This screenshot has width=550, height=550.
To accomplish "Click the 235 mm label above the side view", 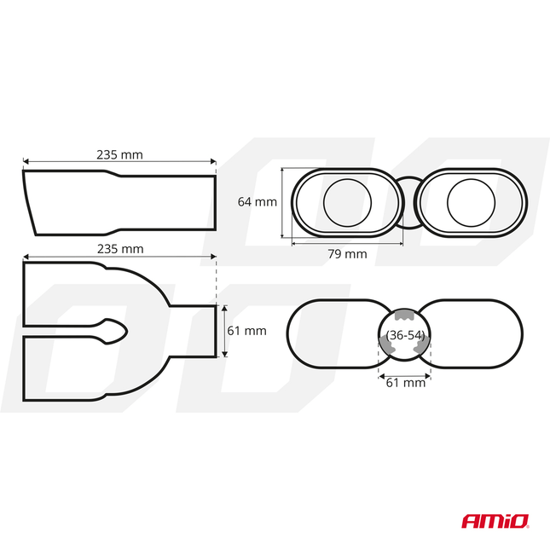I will tap(119, 154).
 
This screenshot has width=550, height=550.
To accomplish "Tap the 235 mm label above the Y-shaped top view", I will tap(119, 249).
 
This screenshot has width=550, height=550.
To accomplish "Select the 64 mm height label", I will tap(257, 202).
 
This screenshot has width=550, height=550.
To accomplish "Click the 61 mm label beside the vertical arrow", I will tap(248, 331).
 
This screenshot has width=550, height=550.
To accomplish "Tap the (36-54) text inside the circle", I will tap(404, 335).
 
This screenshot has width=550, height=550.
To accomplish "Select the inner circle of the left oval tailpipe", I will tap(348, 203).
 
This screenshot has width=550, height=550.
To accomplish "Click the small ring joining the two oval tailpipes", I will tap(408, 203).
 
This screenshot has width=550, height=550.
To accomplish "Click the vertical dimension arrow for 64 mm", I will tap(282, 203).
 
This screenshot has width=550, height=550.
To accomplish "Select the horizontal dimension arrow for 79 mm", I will tap(346, 243).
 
